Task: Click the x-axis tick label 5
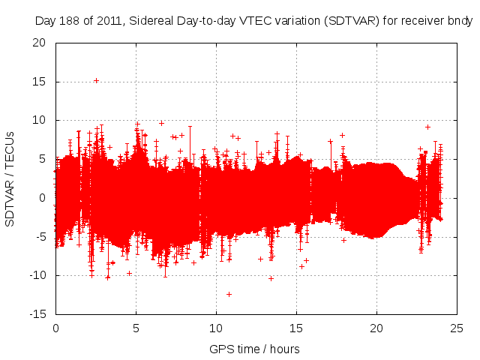coord(136,328)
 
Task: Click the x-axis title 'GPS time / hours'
coord(255,349)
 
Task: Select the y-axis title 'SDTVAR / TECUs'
coord(10,178)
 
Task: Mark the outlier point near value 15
coord(96,80)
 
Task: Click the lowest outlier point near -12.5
coord(229,294)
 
